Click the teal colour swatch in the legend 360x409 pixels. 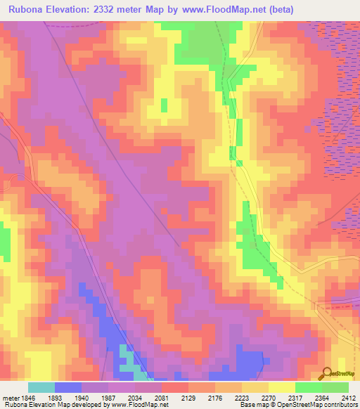[x=41, y=387]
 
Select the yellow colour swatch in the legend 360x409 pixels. [x=282, y=387]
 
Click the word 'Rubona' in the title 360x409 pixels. [x=27, y=9]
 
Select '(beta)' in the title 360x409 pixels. [x=278, y=9]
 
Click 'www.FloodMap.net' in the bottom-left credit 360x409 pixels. [x=137, y=405]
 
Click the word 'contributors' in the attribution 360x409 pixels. [x=342, y=405]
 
